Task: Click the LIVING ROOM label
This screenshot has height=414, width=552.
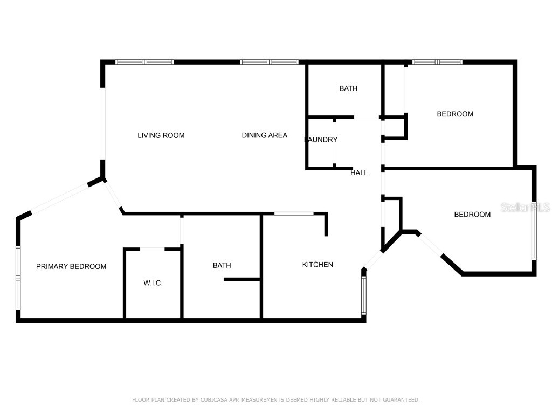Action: (x=161, y=135)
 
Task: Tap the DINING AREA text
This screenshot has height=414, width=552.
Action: (x=264, y=135)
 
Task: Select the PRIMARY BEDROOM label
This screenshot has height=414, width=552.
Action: (x=71, y=266)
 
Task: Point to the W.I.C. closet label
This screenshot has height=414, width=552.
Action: (x=153, y=283)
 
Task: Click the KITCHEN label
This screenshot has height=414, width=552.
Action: (x=318, y=265)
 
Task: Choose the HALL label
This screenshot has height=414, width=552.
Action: (x=359, y=173)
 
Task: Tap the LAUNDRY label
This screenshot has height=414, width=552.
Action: (x=321, y=140)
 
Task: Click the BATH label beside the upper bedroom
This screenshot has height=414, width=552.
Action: (x=348, y=88)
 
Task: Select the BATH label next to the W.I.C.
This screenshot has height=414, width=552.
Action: (x=222, y=265)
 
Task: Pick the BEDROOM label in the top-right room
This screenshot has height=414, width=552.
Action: (x=455, y=114)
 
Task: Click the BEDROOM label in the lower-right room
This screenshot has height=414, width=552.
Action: (x=472, y=215)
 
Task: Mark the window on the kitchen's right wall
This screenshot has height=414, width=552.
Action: (x=364, y=295)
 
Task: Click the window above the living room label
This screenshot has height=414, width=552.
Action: (x=144, y=62)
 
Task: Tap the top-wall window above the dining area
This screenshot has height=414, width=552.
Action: (x=270, y=62)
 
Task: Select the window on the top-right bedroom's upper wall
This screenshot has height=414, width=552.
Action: (x=437, y=62)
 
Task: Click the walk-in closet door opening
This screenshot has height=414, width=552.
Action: (x=152, y=249)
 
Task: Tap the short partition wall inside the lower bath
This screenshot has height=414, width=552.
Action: (x=242, y=279)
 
